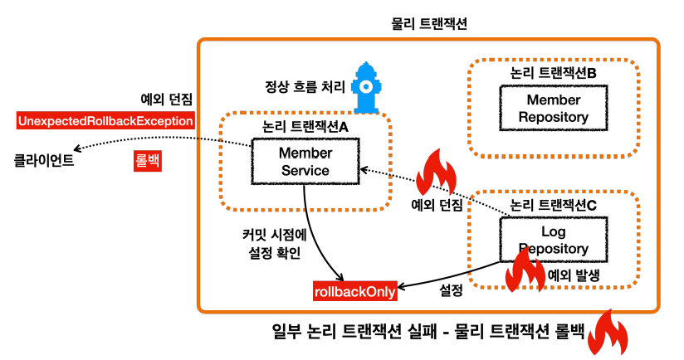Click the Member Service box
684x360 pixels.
pyautogui.click(x=305, y=161)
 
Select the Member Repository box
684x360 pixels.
pyautogui.click(x=553, y=108)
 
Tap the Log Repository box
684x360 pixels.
pyautogui.click(x=553, y=240)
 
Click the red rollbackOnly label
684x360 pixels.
pyautogui.click(x=355, y=291)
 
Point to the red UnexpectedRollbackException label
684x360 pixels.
pyautogui.click(x=105, y=121)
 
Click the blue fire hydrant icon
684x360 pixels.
pyautogui.click(x=366, y=88)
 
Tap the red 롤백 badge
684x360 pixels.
pyautogui.click(x=148, y=160)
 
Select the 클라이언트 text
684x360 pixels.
pyautogui.click(x=44, y=160)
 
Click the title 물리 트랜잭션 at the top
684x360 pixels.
pyautogui.click(x=429, y=23)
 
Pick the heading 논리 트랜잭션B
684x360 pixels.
pyautogui.click(x=553, y=73)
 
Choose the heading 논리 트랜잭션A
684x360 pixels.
pyautogui.click(x=305, y=126)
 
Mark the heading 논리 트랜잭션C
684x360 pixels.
pyautogui.click(x=553, y=205)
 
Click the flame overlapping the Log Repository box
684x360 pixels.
pyautogui.click(x=525, y=270)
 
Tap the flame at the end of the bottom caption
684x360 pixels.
pyautogui.click(x=608, y=333)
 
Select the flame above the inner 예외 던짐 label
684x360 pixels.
pyautogui.click(x=437, y=173)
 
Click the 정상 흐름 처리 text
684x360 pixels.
pyautogui.click(x=305, y=86)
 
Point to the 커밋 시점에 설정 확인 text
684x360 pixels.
pyautogui.click(x=275, y=244)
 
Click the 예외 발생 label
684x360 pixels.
pyautogui.click(x=574, y=275)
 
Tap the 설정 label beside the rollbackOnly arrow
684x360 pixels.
pyautogui.click(x=451, y=289)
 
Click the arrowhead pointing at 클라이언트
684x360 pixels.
pyautogui.click(x=76, y=149)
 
